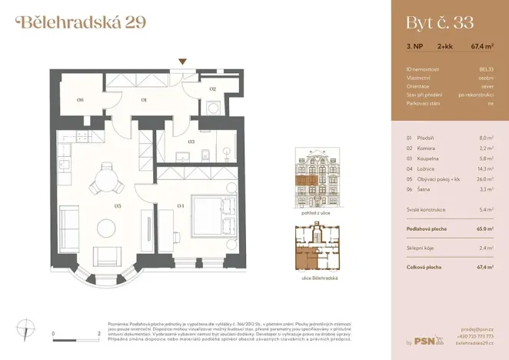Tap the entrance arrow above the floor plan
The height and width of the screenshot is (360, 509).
point(182,62)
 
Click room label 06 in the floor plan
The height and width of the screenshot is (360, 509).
point(80,100)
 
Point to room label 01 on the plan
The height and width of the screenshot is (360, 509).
point(143,100)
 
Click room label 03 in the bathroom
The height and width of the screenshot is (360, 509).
point(191,142)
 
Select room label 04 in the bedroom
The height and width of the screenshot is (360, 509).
point(180,206)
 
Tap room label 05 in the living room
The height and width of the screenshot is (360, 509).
point(118,206)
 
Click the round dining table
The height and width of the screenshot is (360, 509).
point(104,184)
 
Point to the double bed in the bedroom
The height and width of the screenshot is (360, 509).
point(213,218)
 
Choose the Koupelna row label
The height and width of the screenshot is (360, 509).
point(425,157)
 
